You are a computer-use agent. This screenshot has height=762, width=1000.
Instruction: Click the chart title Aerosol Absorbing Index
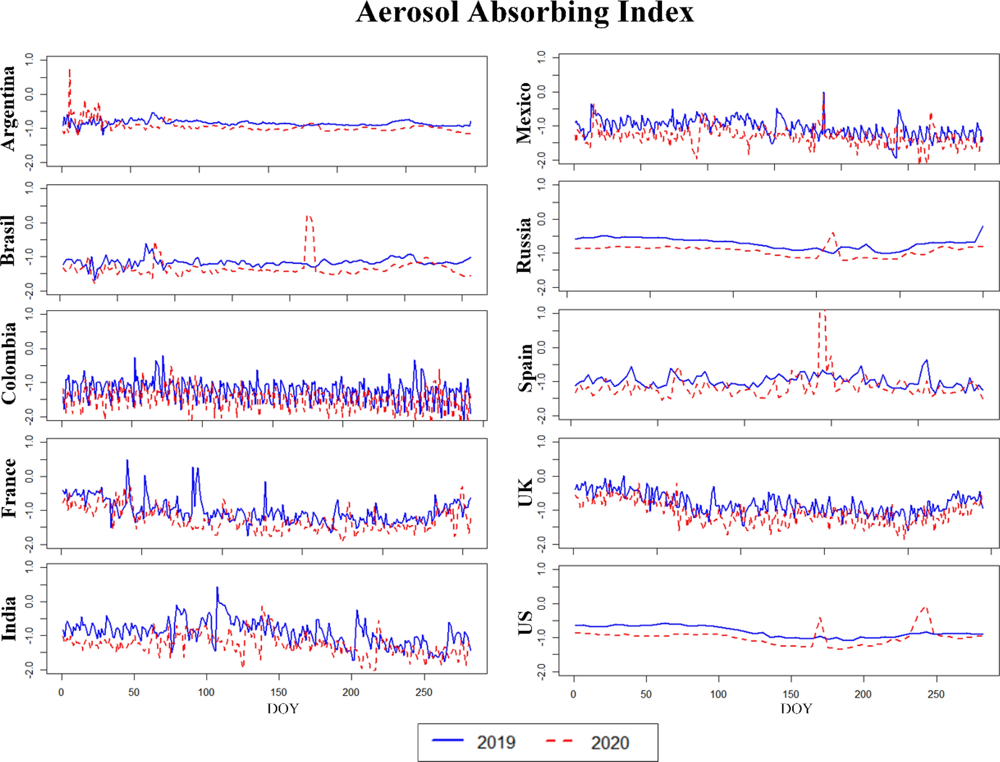(524, 12)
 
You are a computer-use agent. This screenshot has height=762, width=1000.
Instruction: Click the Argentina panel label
(8, 108)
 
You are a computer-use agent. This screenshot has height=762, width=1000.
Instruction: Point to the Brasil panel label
(8, 240)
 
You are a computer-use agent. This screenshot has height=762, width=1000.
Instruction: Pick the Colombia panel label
(8, 363)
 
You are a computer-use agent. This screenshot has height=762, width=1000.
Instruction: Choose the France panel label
(8, 488)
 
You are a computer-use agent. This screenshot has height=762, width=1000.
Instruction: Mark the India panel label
(8, 618)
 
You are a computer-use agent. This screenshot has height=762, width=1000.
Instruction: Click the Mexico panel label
(523, 112)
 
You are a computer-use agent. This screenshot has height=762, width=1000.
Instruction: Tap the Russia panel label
(523, 245)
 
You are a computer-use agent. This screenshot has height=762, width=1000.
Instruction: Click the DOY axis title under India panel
(282, 708)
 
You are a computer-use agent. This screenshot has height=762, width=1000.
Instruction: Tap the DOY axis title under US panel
(795, 708)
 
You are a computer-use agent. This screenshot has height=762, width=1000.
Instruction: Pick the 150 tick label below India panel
(278, 692)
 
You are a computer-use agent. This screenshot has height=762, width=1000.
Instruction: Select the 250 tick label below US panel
(936, 694)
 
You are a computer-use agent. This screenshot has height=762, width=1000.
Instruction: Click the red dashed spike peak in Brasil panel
(308, 216)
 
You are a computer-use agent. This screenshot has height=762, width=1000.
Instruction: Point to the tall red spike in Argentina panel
(69, 70)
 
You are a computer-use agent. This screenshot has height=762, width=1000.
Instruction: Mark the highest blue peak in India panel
(217, 588)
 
